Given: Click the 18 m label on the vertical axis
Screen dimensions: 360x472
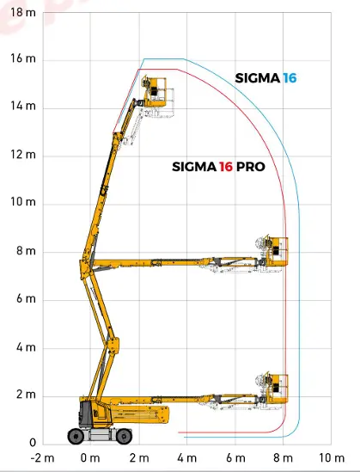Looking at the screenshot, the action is tap(23, 13).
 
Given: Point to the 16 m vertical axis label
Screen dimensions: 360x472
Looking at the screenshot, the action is tap(23, 58).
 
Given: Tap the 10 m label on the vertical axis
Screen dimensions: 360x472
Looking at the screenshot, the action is tap(23, 202).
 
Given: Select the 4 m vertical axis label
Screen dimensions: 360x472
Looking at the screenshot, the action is tap(26, 347).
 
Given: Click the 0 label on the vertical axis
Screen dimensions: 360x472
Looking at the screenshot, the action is tap(33, 443).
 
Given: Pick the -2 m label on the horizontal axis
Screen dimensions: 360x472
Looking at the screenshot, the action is tap(42, 458).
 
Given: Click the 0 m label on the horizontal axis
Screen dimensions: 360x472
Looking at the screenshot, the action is tap(90, 458).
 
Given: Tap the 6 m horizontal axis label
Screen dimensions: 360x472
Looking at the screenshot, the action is tap(235, 458).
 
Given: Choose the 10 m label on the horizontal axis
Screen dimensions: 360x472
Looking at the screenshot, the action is tap(332, 458).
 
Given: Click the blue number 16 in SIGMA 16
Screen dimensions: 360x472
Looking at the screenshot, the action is tap(290, 78).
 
